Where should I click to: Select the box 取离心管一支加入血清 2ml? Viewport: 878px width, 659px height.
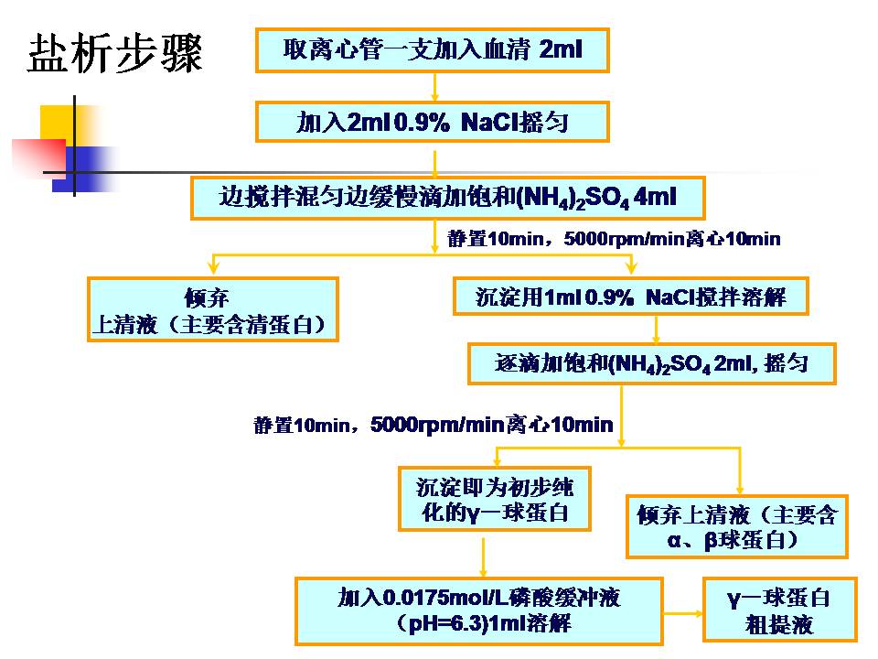(x=432, y=49)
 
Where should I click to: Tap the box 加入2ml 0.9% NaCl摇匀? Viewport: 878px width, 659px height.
(x=432, y=122)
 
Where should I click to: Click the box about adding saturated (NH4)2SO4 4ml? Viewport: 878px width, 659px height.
(x=448, y=197)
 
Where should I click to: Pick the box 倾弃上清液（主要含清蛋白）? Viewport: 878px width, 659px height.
(x=213, y=310)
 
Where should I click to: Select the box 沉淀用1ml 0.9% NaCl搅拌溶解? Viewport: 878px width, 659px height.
(x=631, y=297)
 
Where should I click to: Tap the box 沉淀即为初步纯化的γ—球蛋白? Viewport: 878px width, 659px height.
(x=494, y=499)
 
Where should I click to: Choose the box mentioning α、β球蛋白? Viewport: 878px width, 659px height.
(x=736, y=527)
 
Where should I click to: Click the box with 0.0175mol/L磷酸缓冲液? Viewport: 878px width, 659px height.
(x=478, y=610)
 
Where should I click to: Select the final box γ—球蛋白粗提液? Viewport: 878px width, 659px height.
(x=779, y=610)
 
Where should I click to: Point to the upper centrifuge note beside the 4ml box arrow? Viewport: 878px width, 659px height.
(x=614, y=239)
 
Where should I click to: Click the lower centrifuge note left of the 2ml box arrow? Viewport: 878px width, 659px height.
(x=433, y=425)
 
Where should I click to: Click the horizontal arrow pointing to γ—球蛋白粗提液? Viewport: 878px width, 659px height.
(x=681, y=609)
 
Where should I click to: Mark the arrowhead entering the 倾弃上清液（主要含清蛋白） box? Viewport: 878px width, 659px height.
(x=212, y=270)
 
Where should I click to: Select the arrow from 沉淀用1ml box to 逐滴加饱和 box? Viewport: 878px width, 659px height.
(x=655, y=329)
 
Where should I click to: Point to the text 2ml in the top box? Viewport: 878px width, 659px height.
(x=561, y=49)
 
